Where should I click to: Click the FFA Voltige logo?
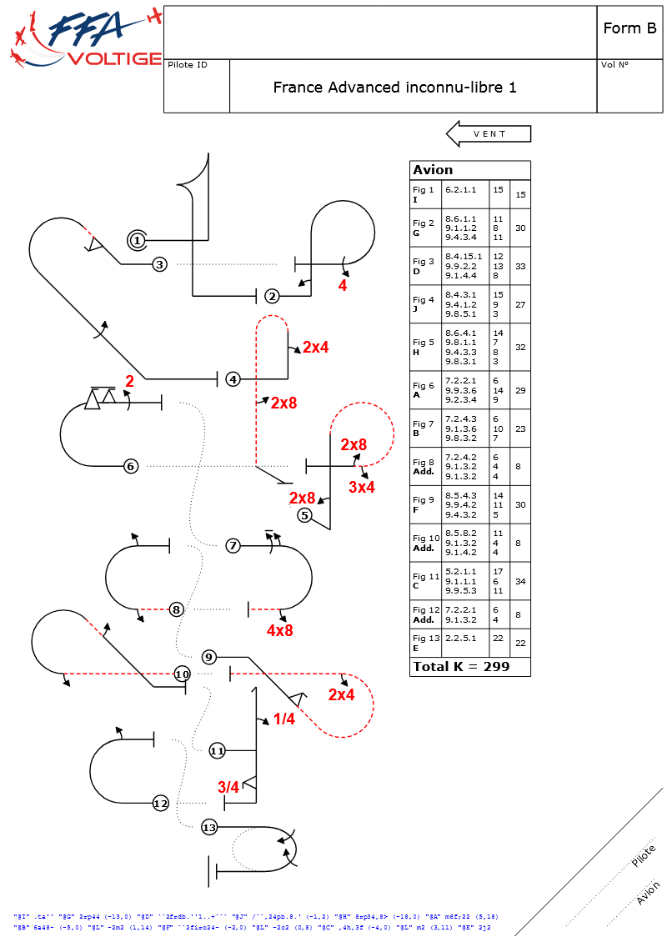click(86, 39)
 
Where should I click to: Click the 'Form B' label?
click(629, 28)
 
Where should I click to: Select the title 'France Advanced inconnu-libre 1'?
click(394, 87)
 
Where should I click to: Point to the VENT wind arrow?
click(489, 133)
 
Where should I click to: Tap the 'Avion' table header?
click(433, 170)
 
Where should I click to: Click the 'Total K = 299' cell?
click(460, 667)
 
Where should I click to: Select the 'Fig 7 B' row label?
click(424, 428)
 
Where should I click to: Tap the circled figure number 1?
click(138, 241)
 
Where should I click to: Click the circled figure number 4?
click(233, 379)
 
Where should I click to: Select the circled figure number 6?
click(130, 466)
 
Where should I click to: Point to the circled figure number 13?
click(209, 828)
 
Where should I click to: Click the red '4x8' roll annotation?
click(279, 630)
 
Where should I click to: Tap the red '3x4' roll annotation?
click(362, 487)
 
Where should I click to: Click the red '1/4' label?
click(283, 719)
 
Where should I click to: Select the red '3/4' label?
click(228, 787)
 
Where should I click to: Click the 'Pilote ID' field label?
click(188, 65)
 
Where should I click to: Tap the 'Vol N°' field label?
click(614, 65)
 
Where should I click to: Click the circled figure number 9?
click(209, 657)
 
